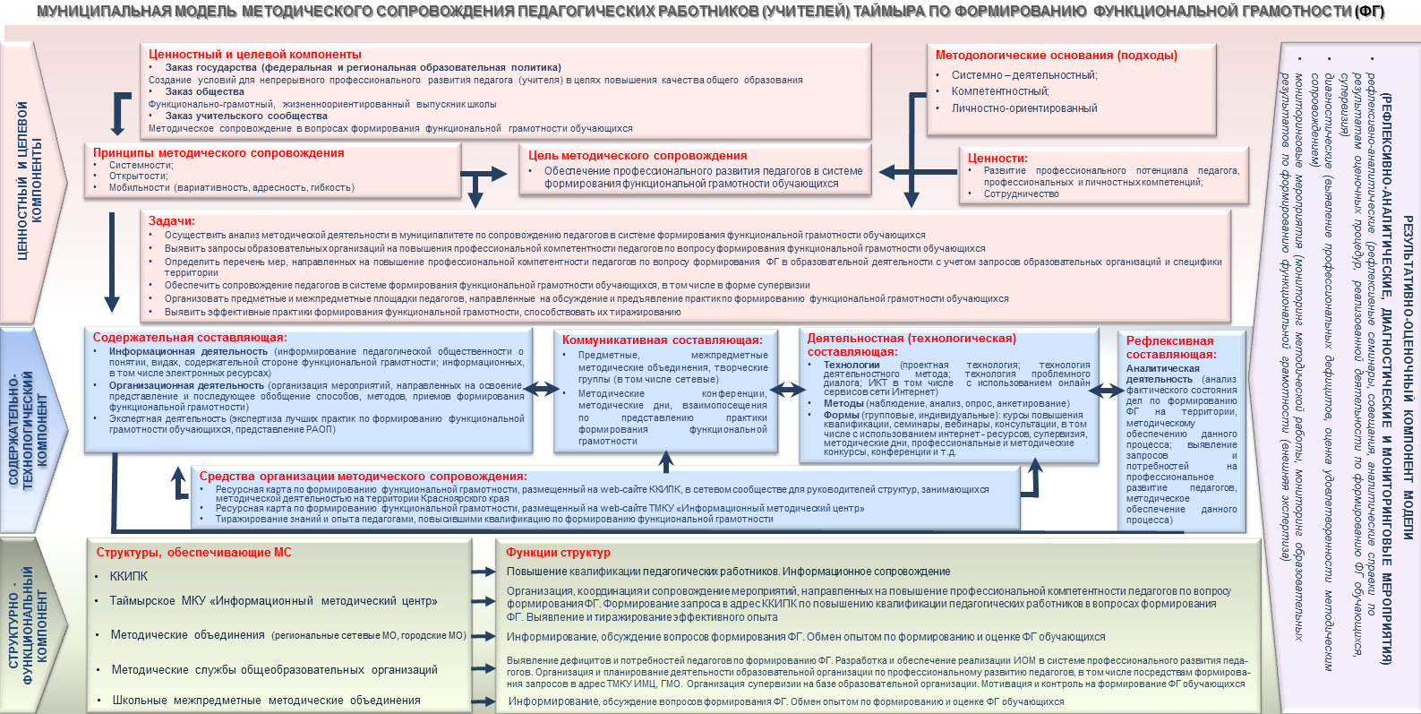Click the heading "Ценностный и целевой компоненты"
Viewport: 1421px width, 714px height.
click(x=255, y=55)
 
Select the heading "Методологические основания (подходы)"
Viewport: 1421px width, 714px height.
click(x=1057, y=56)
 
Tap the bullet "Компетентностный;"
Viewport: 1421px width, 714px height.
click(x=1000, y=91)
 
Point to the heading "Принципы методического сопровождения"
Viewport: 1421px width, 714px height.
click(x=218, y=153)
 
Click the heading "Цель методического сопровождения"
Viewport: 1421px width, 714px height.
click(x=638, y=156)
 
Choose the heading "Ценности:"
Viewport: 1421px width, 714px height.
click(x=997, y=158)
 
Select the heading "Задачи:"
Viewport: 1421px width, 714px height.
click(x=171, y=221)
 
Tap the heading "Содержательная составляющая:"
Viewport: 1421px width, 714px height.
click(x=190, y=338)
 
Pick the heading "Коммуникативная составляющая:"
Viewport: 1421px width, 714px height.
click(x=663, y=340)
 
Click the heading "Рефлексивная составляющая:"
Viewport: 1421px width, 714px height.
click(x=1170, y=348)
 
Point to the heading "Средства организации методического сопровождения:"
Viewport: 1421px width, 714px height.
click(x=363, y=477)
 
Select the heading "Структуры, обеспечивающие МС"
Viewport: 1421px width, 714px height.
click(x=194, y=553)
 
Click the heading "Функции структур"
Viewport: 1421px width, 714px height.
click(x=558, y=553)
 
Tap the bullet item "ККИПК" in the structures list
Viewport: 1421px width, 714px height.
click(x=129, y=577)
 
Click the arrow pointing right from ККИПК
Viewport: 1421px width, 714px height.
click(x=484, y=572)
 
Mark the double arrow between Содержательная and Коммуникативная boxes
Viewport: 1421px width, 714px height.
click(x=541, y=389)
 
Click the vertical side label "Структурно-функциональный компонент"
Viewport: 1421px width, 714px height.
click(x=27, y=625)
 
